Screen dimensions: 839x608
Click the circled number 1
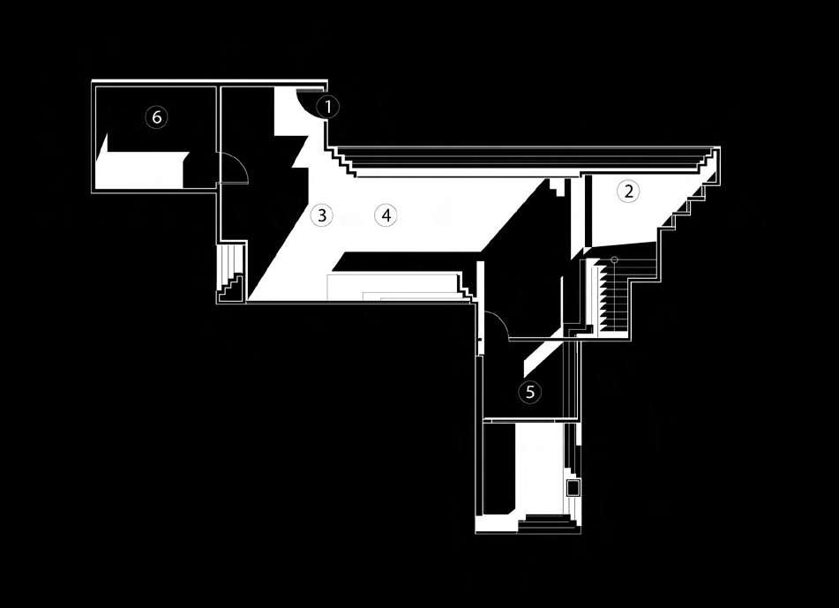(x=327, y=107)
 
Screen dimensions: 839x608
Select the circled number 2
(x=627, y=191)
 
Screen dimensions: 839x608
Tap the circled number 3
(x=321, y=214)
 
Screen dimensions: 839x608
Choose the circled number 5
(x=529, y=391)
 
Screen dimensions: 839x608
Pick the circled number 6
(x=156, y=116)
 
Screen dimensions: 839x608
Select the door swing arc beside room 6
(x=235, y=167)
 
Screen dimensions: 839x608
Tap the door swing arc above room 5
(x=494, y=326)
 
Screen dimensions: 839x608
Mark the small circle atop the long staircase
(x=614, y=259)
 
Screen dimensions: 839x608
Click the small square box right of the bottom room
(x=572, y=486)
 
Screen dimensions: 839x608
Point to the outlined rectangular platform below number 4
(x=393, y=287)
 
